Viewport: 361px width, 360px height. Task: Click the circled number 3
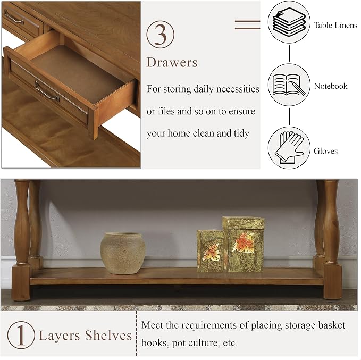coord(160,35)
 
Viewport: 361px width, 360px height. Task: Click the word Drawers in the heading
coord(172,62)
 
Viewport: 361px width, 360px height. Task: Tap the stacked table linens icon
coord(289,22)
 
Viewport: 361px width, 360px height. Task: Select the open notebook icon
coord(289,85)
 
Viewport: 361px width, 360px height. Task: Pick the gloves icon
coord(289,148)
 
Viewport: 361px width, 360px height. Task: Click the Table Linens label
coord(335,25)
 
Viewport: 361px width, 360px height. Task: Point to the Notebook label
coord(331,86)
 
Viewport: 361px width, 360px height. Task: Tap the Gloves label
coord(325,151)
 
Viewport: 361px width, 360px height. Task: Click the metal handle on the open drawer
coord(47,91)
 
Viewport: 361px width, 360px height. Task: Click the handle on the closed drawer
coord(14,18)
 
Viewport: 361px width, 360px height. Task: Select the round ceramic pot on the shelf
coord(123,253)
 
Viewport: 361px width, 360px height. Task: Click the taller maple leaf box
coord(244,244)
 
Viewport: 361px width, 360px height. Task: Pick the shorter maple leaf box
coord(211,251)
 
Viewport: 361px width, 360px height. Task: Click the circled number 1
coord(21,335)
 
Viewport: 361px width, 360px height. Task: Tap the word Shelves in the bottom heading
coord(108,336)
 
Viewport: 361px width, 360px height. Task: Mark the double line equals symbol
coord(248,25)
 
